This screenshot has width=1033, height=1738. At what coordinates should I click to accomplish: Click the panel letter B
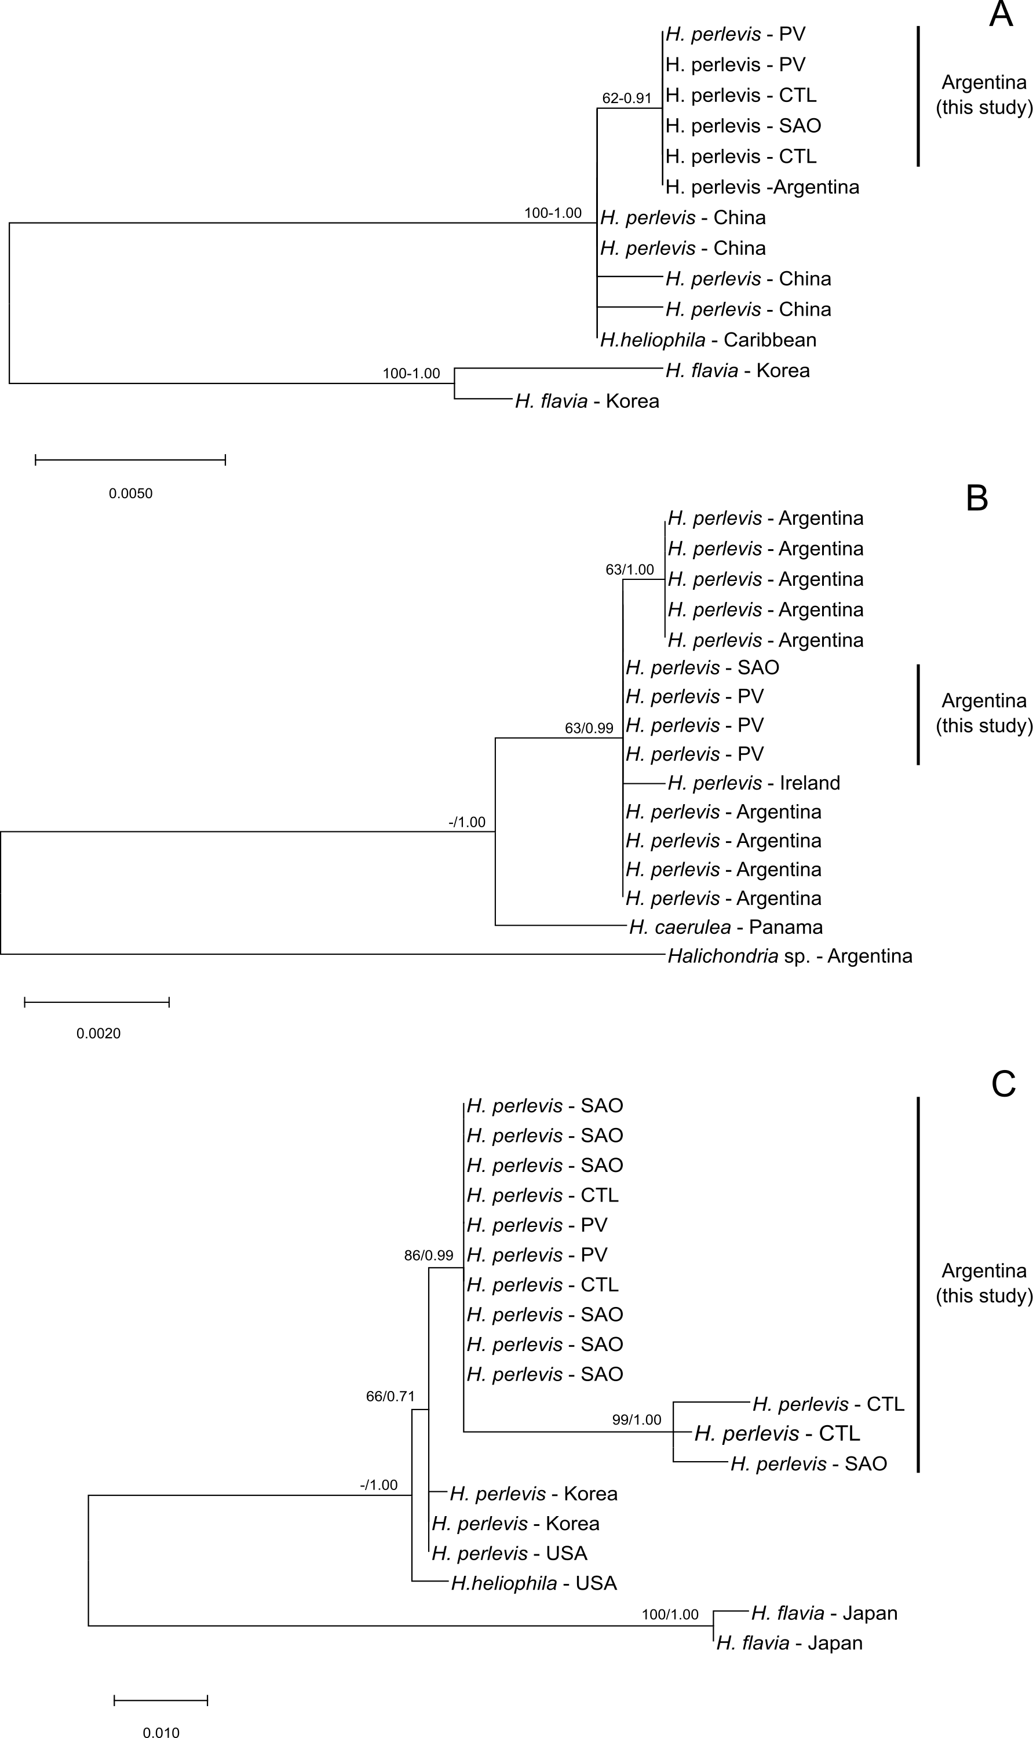click(977, 498)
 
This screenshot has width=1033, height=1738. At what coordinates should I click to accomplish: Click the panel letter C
click(1003, 1084)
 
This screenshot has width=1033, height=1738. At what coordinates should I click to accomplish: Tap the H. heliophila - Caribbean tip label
click(708, 339)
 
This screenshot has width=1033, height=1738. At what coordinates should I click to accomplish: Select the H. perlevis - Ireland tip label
click(753, 783)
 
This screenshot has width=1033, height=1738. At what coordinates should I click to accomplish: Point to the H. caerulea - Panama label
click(725, 927)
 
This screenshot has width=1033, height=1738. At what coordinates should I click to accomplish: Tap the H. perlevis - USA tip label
click(509, 1554)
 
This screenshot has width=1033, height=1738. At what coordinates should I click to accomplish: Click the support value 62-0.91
click(626, 98)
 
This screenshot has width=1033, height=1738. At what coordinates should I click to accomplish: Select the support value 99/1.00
click(636, 1420)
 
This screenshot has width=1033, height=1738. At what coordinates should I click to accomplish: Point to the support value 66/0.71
click(390, 1396)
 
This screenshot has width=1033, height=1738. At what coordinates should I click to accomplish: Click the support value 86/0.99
click(428, 1255)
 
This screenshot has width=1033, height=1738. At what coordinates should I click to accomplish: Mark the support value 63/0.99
click(589, 728)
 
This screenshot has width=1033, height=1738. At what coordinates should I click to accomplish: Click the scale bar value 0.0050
click(130, 494)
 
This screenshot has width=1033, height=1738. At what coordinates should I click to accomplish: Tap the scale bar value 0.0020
click(98, 1034)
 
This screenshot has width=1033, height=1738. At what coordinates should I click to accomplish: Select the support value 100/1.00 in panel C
click(670, 1614)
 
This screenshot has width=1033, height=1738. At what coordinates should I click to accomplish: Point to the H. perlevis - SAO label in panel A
click(743, 126)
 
